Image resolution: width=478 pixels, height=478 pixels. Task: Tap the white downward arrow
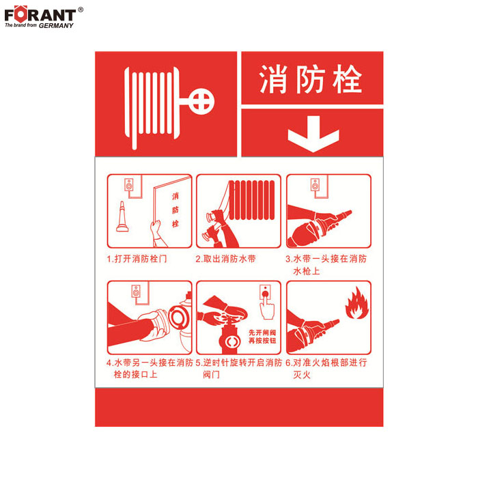313,134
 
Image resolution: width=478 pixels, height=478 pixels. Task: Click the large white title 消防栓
311,79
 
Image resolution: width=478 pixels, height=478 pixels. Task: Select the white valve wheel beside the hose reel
201,102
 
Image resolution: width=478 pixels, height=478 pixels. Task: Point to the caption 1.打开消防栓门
137,259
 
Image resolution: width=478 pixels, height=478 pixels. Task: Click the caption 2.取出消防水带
225,259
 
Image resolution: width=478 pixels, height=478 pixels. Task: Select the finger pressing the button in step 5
267,307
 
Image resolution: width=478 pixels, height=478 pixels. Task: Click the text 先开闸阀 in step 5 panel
262,333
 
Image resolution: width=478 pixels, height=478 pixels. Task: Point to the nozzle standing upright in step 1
122,216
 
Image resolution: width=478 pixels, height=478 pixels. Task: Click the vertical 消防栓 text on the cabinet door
175,210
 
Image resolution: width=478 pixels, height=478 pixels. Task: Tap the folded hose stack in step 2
251,199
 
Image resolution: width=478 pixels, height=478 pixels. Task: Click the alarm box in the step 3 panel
315,185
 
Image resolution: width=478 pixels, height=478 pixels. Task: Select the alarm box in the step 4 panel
136,292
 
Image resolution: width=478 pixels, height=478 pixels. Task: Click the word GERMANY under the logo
56,26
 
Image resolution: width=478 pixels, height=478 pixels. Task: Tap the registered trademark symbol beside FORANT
81,10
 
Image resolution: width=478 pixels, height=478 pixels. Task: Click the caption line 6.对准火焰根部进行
326,363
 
